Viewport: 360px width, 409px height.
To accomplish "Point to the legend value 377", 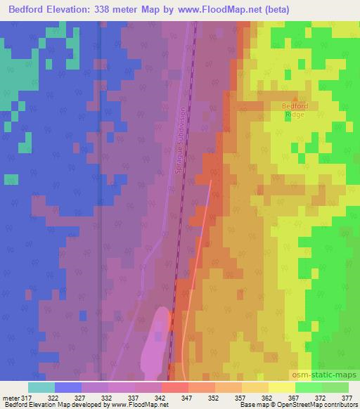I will click(x=347, y=398).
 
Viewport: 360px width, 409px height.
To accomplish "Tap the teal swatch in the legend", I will click(x=41, y=387).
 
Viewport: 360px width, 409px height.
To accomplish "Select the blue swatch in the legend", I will click(x=67, y=387).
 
